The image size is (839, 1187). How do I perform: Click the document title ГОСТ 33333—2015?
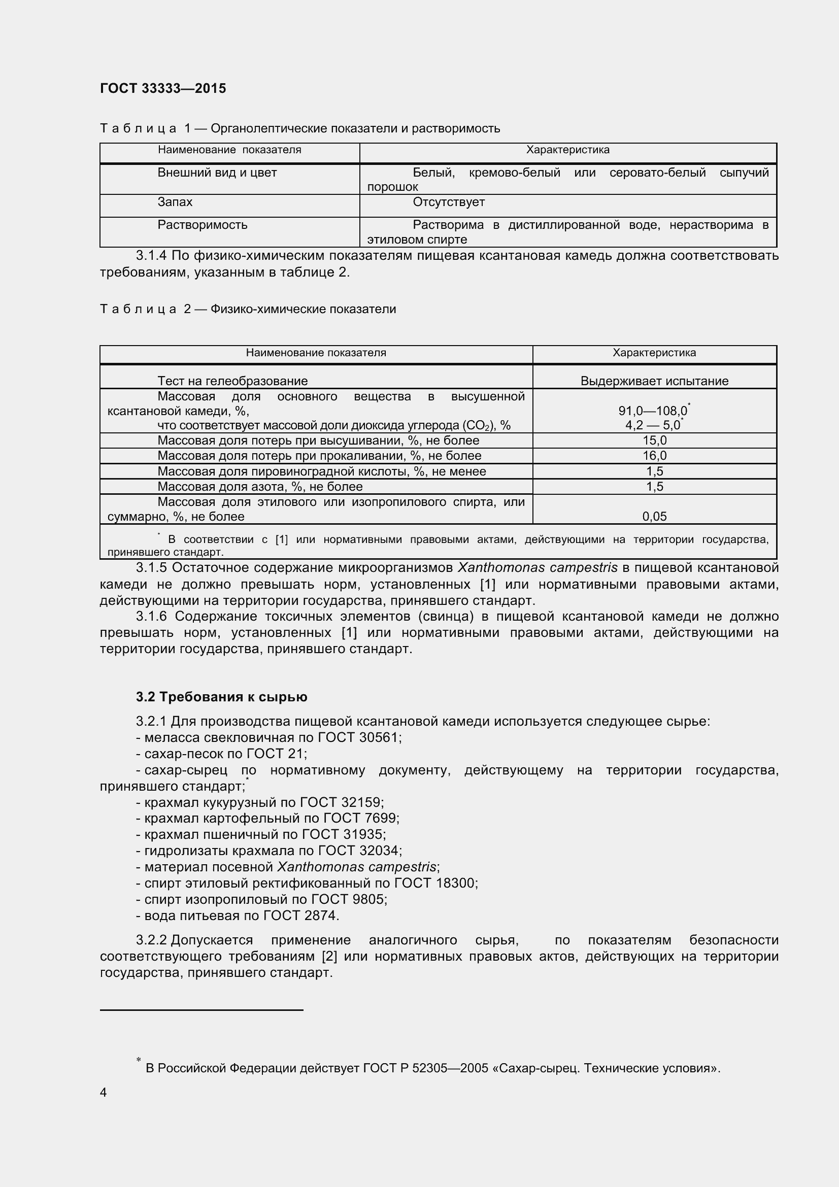point(163,88)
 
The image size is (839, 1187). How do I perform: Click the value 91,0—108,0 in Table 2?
point(652,411)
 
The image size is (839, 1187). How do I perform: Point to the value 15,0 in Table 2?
point(654,440)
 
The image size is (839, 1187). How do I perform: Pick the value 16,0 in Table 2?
point(654,455)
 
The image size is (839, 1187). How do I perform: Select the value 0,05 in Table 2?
point(654,516)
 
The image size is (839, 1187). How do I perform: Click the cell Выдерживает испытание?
point(654,381)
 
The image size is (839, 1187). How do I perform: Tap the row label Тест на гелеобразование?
point(232,381)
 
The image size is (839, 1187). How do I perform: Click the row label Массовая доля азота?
point(259,487)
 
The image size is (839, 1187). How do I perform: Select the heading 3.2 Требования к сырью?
point(221,697)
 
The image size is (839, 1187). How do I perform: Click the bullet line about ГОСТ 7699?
point(268,819)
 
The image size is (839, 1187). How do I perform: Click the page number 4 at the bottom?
point(104,1093)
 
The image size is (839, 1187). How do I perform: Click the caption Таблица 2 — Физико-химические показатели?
point(248,309)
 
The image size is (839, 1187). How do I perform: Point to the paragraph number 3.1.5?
point(151,568)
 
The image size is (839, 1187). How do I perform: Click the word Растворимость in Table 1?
point(202,225)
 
